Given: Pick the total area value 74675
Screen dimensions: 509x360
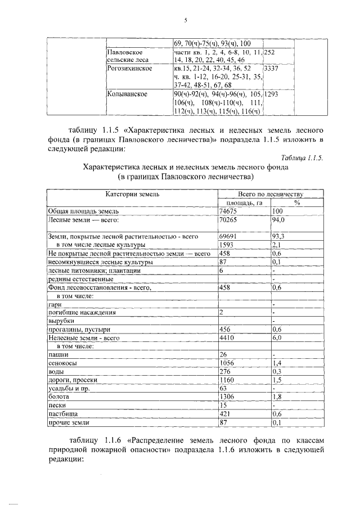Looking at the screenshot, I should (x=227, y=211).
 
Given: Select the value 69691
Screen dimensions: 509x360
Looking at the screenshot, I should (x=227, y=237).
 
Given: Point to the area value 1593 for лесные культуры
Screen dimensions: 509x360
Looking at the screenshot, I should (x=226, y=245).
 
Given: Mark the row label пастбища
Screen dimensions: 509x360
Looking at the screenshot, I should (x=62, y=414).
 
